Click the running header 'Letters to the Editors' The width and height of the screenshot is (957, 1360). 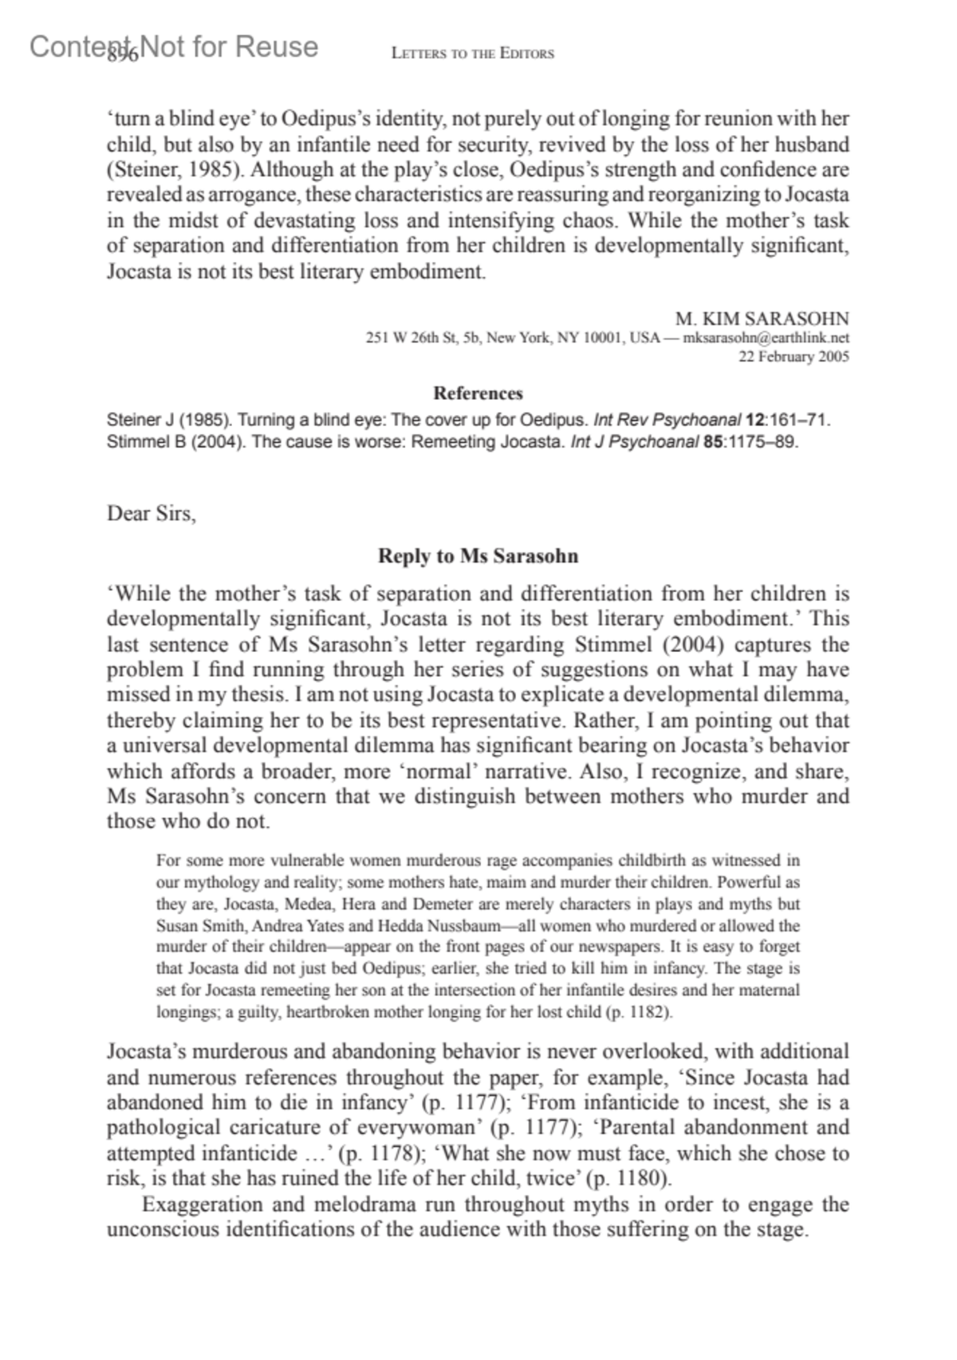point(473,54)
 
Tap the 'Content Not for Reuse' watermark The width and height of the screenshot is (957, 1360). point(174,47)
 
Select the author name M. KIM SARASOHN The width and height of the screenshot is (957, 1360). point(762,318)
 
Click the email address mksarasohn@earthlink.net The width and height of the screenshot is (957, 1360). point(766,338)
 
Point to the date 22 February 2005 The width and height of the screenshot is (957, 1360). point(794,357)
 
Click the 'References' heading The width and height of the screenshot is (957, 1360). point(478,393)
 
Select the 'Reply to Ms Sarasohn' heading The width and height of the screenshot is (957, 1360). point(478,556)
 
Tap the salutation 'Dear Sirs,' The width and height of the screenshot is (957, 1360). point(152,513)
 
